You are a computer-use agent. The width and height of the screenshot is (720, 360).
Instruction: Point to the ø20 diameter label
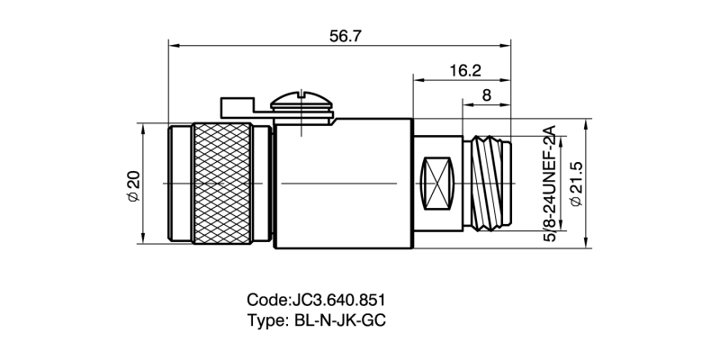pyautogui.click(x=132, y=184)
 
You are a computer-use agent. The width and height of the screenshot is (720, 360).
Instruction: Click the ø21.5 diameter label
pyautogui.click(x=577, y=184)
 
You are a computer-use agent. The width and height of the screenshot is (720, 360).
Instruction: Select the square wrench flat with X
pyautogui.click(x=438, y=183)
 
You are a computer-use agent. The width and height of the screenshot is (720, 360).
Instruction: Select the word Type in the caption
pyautogui.click(x=265, y=320)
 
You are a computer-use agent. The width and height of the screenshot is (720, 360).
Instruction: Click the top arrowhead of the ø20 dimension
pyautogui.click(x=143, y=126)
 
